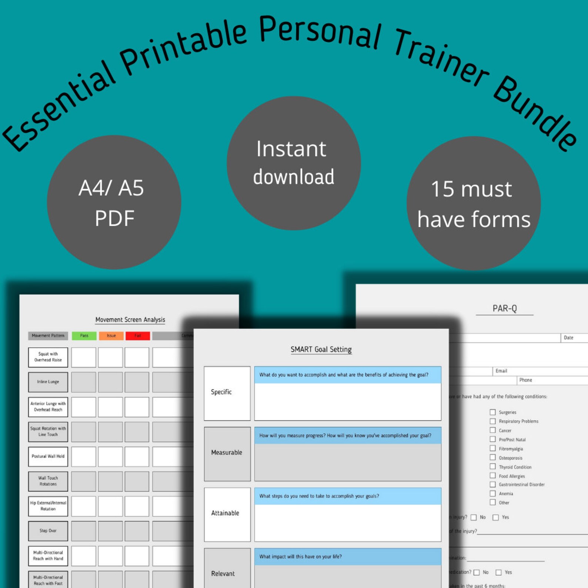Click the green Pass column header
[84, 335]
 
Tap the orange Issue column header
[111, 335]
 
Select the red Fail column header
[137, 335]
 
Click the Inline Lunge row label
[48, 382]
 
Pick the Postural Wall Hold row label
[48, 456]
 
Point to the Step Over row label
[48, 531]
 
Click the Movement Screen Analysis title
[130, 320]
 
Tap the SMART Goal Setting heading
[321, 349]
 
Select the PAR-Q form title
[504, 308]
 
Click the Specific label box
[227, 393]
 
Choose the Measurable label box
[227, 453]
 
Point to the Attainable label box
[227, 514]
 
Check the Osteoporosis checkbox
[492, 458]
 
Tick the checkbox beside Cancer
[492, 430]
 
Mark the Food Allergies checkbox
[492, 476]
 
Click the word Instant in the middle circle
[291, 149]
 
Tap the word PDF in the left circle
[114, 218]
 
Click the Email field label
[501, 371]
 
